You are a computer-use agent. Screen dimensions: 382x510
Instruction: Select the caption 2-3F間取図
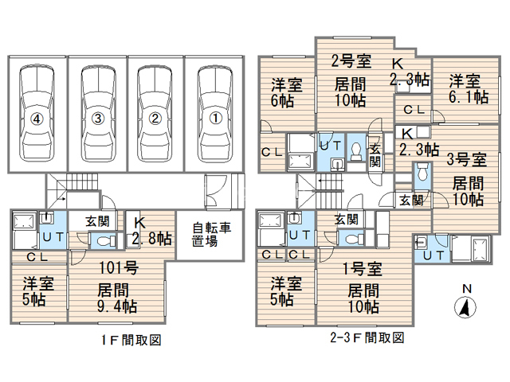tap(367, 338)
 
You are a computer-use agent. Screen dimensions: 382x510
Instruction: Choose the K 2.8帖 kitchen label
tap(153, 232)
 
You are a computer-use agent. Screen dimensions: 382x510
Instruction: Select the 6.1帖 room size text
tap(469, 98)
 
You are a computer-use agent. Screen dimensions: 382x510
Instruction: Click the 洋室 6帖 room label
tap(282, 92)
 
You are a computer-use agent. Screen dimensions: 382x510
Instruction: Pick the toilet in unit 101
tap(103, 240)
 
